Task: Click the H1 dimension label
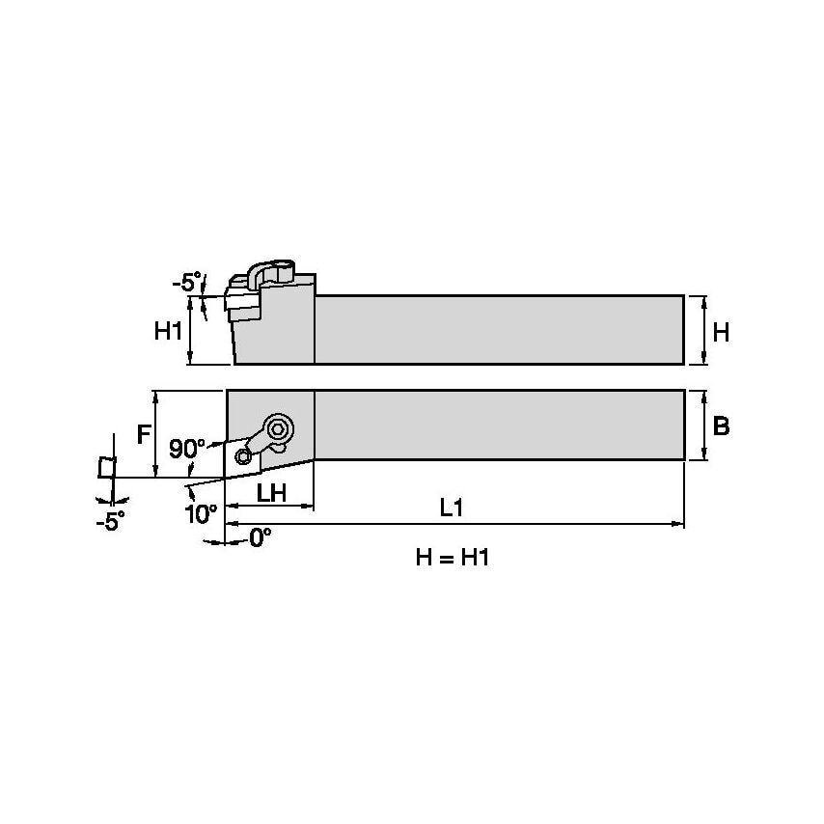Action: [169, 332]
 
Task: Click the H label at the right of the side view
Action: [720, 332]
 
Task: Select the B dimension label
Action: [720, 426]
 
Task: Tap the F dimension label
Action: [144, 434]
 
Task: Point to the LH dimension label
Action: [271, 492]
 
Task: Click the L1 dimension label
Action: [452, 508]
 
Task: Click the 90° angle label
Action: [187, 449]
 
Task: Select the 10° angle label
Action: [200, 512]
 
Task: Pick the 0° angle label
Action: [260, 538]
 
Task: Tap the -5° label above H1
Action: [186, 283]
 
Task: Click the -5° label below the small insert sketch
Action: [110, 521]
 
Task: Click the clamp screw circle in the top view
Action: [280, 429]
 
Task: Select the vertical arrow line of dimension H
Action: [704, 330]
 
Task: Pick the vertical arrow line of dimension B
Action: [704, 425]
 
